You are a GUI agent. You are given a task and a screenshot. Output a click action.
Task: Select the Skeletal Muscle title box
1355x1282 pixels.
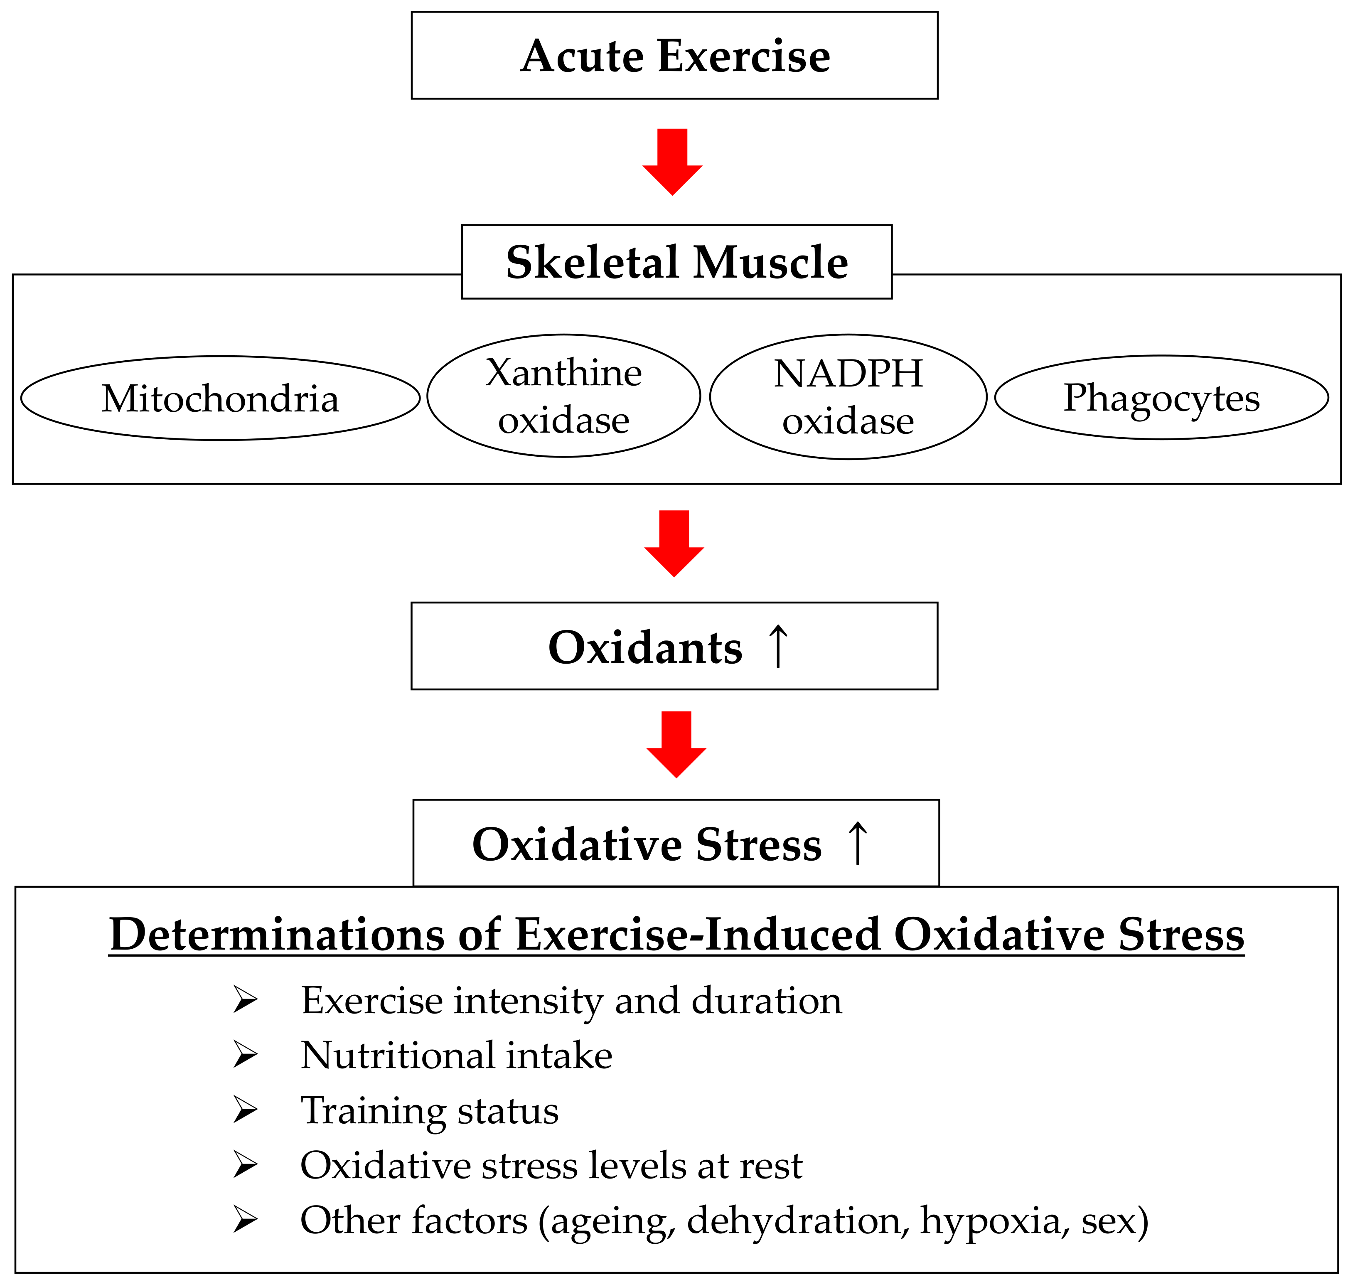click(x=676, y=262)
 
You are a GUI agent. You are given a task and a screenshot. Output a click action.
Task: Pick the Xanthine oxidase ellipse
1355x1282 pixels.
click(x=564, y=396)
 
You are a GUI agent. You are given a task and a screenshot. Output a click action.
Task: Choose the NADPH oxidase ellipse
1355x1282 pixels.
click(x=848, y=396)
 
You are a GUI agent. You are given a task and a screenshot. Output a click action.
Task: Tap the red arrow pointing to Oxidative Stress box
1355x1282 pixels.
click(x=676, y=744)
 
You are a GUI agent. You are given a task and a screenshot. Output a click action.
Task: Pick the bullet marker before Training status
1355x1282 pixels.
click(x=245, y=1110)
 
